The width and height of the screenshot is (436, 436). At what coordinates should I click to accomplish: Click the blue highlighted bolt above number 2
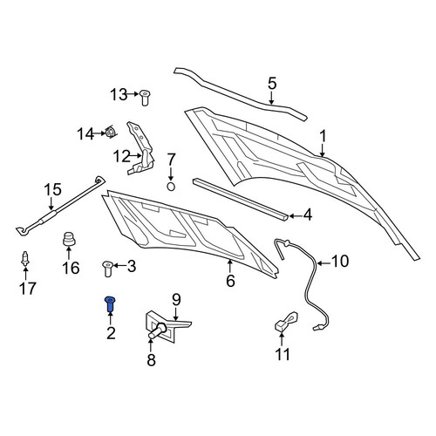tap(110, 303)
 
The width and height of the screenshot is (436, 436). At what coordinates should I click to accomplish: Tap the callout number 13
tap(119, 94)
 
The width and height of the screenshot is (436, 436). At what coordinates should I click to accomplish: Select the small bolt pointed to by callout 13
tap(144, 98)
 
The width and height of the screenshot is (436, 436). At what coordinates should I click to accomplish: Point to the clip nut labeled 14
tap(110, 133)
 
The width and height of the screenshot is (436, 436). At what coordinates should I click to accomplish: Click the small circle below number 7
tap(171, 187)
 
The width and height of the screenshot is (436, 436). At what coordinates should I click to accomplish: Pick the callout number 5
tap(271, 84)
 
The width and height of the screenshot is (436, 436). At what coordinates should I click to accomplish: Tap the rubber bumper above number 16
tap(69, 239)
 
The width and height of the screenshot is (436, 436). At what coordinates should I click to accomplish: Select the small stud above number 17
tap(25, 259)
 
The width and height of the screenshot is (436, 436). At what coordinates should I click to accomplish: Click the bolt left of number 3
tap(108, 269)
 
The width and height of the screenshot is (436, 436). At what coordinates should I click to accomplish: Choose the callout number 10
tap(340, 261)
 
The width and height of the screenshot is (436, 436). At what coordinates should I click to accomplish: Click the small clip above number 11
tap(286, 322)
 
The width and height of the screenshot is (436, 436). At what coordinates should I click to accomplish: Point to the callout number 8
tap(151, 360)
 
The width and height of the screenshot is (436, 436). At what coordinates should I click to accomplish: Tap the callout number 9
tap(176, 300)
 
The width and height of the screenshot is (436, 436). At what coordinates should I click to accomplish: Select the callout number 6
tap(230, 281)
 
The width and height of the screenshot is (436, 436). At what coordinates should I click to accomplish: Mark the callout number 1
tap(323, 136)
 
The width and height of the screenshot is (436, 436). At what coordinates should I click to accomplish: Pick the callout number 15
tap(52, 189)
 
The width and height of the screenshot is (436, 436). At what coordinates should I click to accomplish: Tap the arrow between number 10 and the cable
tap(324, 263)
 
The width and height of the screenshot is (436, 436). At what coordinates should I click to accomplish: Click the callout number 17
tap(27, 289)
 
